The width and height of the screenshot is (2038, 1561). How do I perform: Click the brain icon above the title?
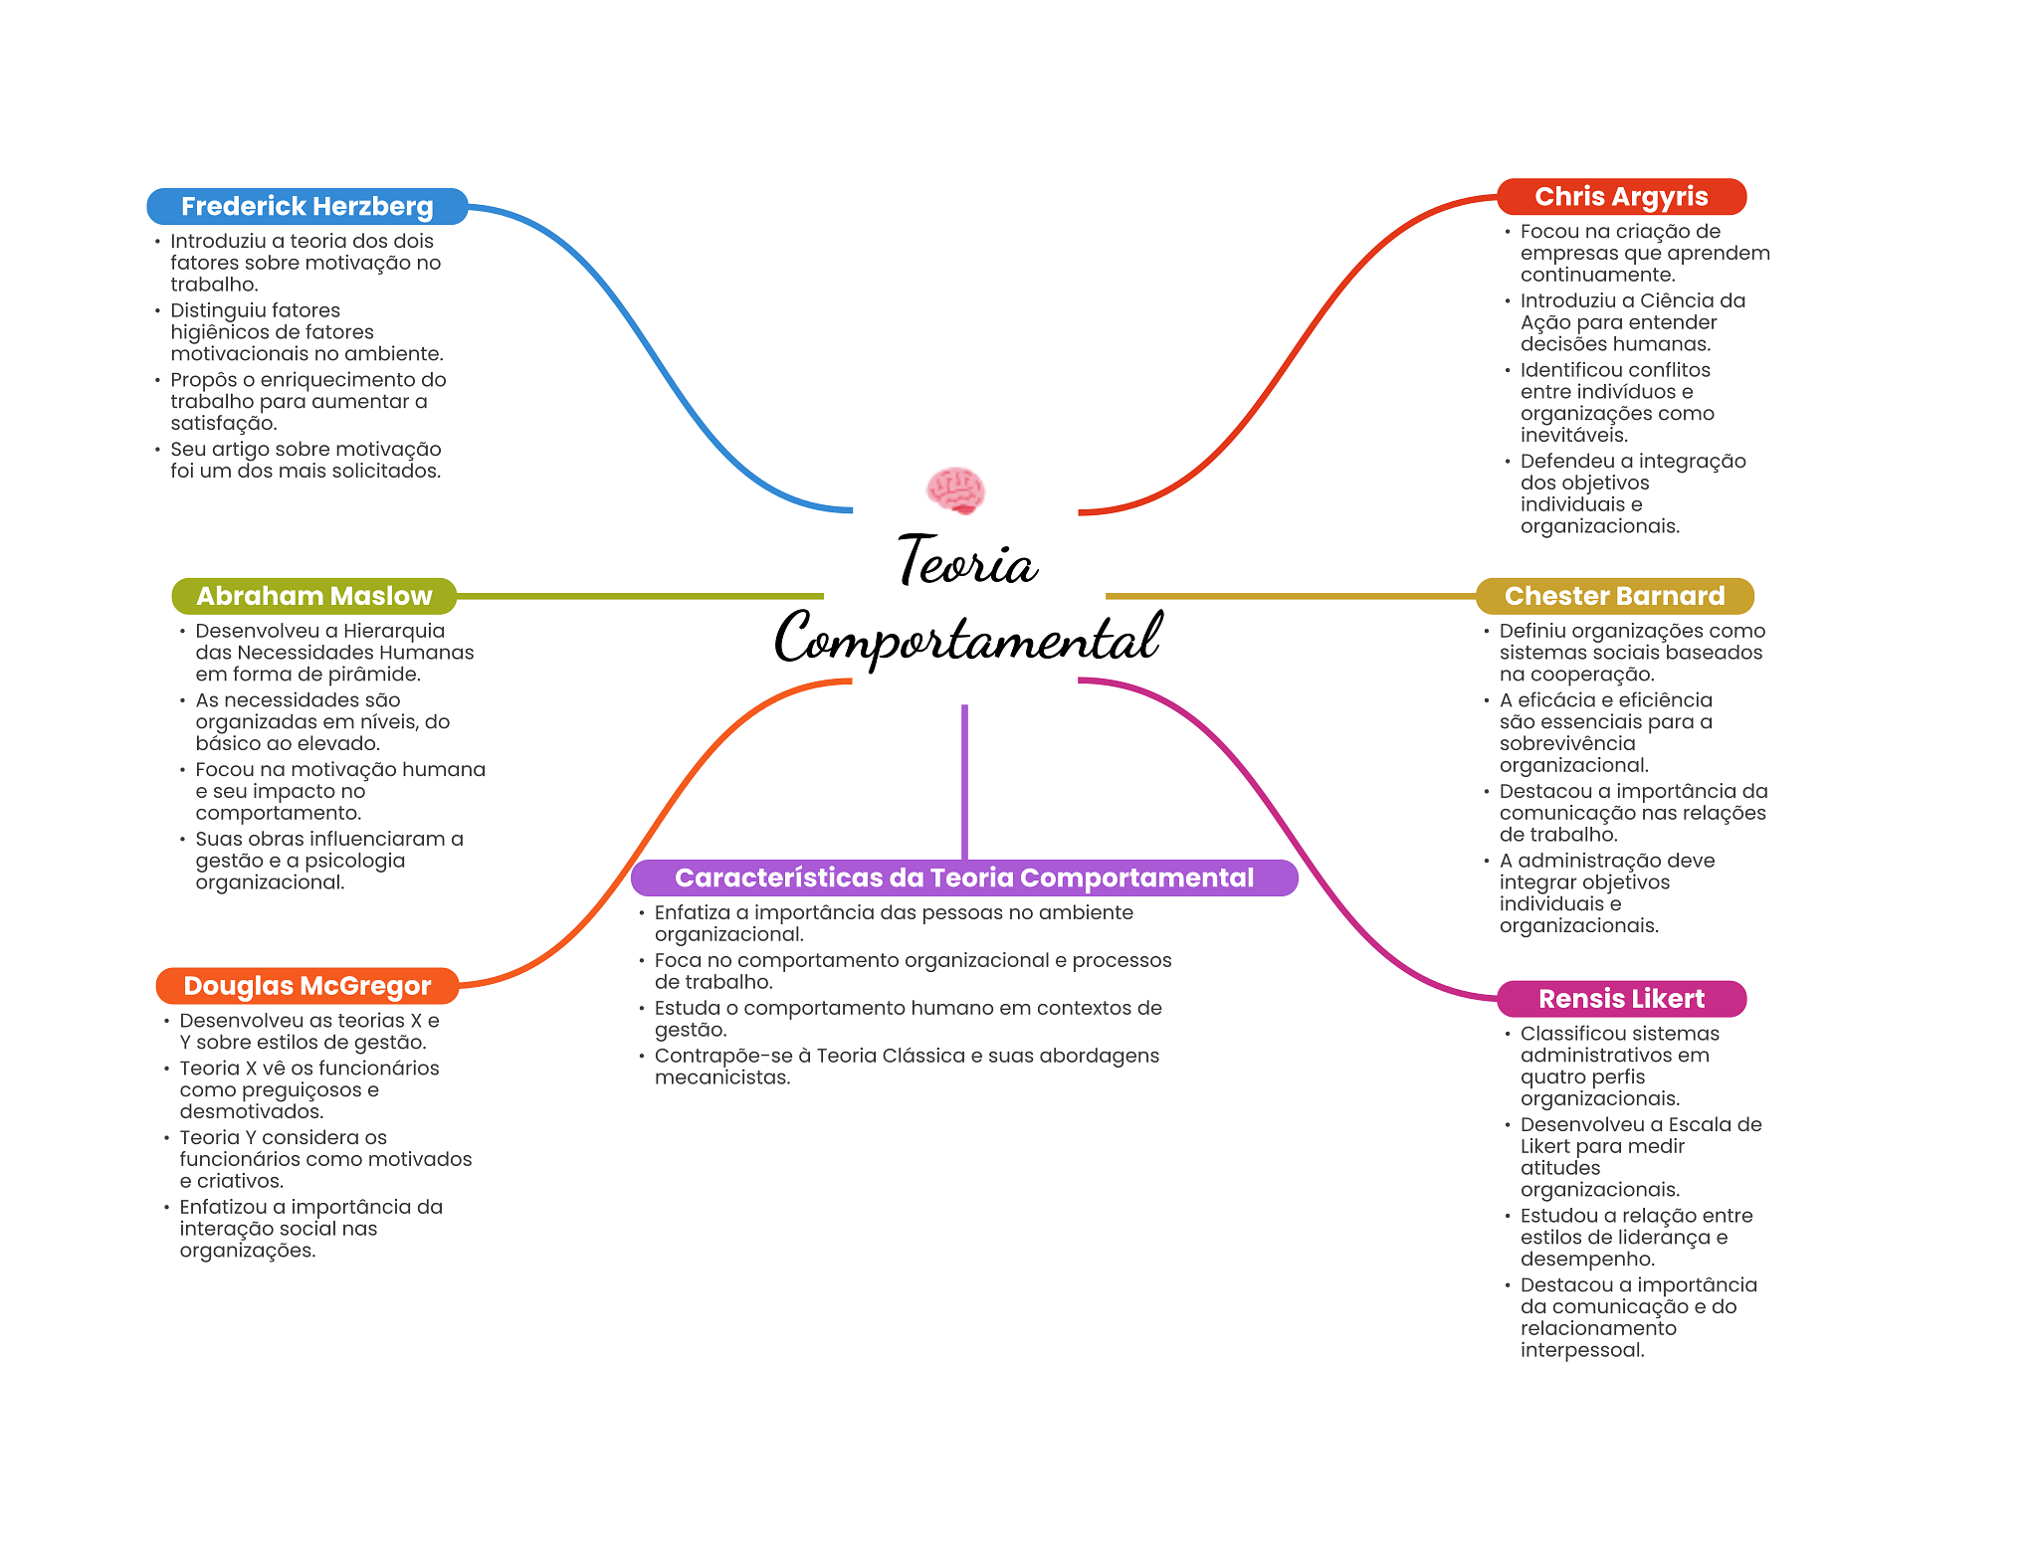pyautogui.click(x=955, y=490)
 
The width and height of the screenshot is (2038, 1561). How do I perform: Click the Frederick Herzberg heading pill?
pyautogui.click(x=306, y=207)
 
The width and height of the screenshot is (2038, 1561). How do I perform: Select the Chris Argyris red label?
pyautogui.click(x=1621, y=197)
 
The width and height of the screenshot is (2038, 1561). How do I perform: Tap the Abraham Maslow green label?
pyautogui.click(x=313, y=596)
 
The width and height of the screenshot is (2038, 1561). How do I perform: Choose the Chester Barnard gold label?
pyautogui.click(x=1614, y=596)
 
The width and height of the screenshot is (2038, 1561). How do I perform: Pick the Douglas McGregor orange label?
pyautogui.click(x=306, y=986)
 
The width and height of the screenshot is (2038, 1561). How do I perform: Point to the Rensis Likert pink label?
pyautogui.click(x=1621, y=999)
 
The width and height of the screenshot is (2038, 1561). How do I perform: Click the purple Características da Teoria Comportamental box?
pyautogui.click(x=963, y=878)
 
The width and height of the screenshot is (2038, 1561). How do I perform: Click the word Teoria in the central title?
pyautogui.click(x=967, y=562)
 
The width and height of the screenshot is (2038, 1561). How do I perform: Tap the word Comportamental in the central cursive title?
pyautogui.click(x=967, y=639)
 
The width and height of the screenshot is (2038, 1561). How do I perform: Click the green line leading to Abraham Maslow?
pyautogui.click(x=637, y=596)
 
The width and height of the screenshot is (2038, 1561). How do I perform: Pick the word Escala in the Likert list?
pyautogui.click(x=1702, y=1125)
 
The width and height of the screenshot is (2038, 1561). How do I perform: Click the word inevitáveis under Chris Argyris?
pyautogui.click(x=1573, y=435)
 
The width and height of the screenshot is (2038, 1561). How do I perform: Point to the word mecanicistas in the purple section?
pyautogui.click(x=721, y=1077)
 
